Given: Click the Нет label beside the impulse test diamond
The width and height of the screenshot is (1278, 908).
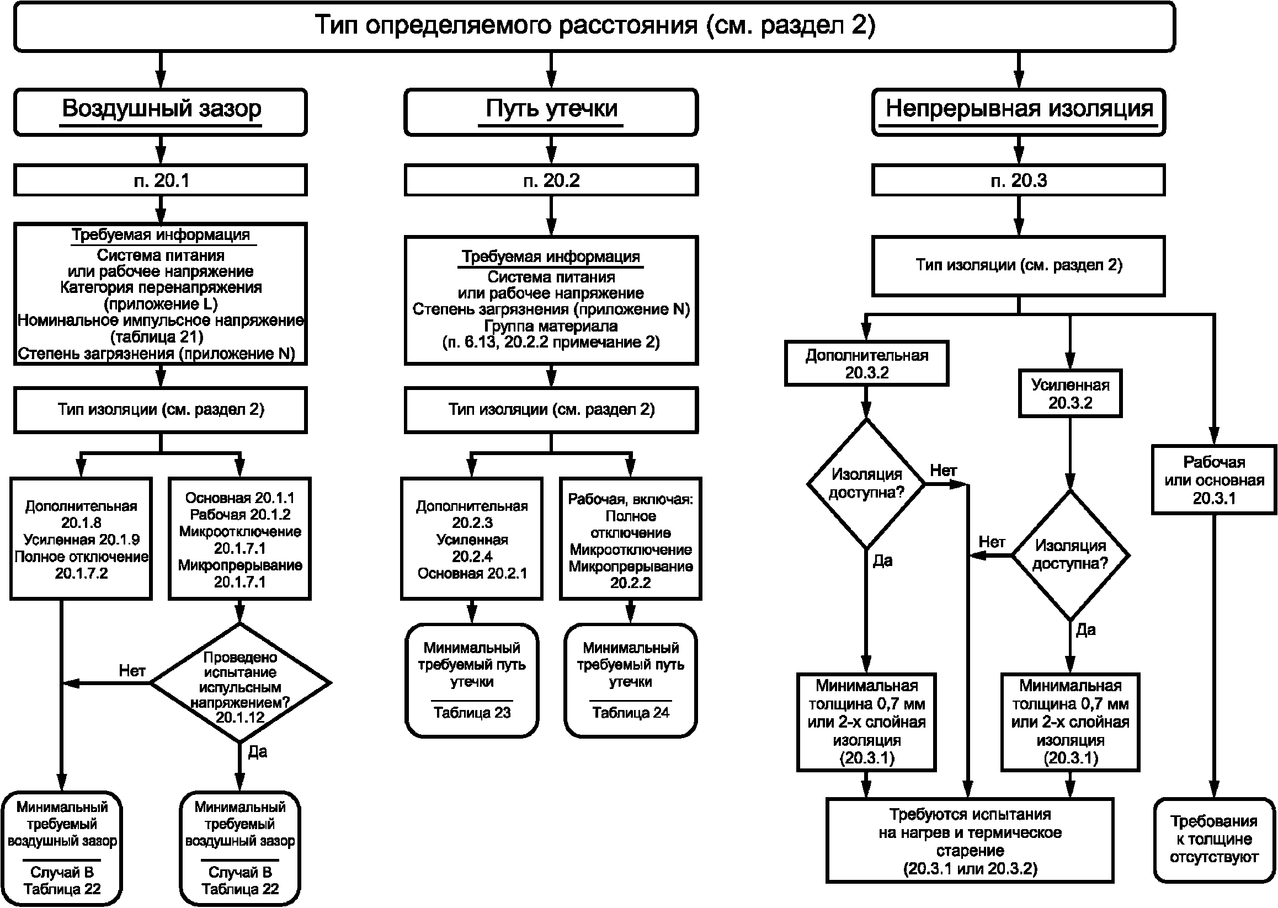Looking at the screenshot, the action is pos(132,670).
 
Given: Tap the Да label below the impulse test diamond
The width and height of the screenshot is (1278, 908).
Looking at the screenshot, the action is pos(257,751).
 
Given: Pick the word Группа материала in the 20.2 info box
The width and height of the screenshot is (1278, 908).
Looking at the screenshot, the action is pos(551,325).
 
